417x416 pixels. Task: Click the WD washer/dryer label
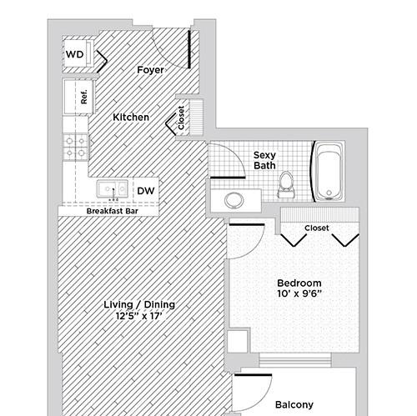(x=74, y=54)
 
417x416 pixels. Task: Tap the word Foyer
(x=150, y=70)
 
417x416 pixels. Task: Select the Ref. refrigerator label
(x=84, y=97)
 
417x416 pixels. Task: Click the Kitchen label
(x=131, y=117)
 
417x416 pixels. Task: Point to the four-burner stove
(x=75, y=147)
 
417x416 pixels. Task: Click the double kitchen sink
(x=113, y=189)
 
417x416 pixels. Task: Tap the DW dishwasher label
(x=146, y=191)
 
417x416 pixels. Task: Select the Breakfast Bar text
(x=112, y=211)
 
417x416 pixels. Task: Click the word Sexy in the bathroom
(x=264, y=155)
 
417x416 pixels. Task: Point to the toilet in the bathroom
(x=286, y=184)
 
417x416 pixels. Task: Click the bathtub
(x=329, y=172)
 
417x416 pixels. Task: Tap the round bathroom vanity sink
(x=234, y=200)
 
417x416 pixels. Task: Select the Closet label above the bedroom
(x=316, y=228)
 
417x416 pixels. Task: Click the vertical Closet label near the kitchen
(x=181, y=118)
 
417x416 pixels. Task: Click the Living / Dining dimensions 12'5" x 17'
(x=139, y=316)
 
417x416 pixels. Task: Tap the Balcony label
(x=294, y=404)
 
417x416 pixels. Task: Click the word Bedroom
(x=299, y=283)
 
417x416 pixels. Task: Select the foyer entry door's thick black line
(x=189, y=49)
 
